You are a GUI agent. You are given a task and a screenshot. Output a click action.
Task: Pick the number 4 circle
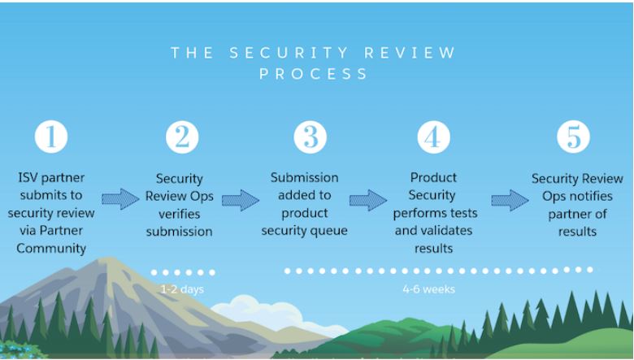[x=433, y=137]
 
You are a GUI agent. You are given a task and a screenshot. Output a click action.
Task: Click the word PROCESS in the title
[x=313, y=74]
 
